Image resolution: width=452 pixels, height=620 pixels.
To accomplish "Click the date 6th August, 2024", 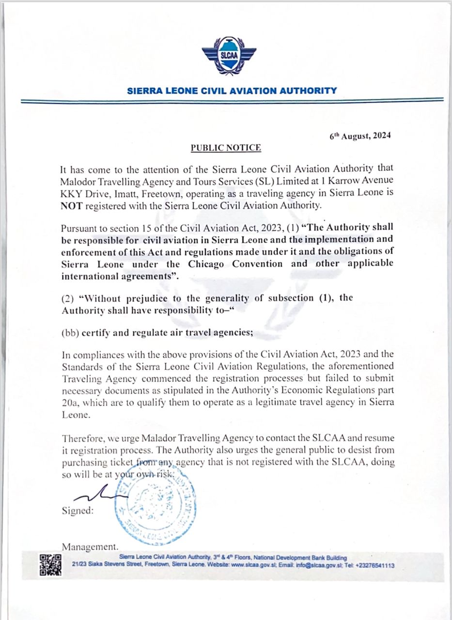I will pyautogui.click(x=359, y=136).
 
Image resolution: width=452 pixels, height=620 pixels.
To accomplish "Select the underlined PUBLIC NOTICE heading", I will pyautogui.click(x=226, y=148).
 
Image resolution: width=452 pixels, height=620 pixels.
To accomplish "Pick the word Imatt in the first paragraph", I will pyautogui.click(x=126, y=193).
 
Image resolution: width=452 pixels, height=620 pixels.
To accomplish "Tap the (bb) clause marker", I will pyautogui.click(x=70, y=334).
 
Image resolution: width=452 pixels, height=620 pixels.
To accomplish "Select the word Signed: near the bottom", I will pyautogui.click(x=78, y=511).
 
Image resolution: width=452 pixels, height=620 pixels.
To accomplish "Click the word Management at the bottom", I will pyautogui.click(x=90, y=546).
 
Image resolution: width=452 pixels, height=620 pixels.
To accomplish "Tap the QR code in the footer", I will pyautogui.click(x=50, y=565).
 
